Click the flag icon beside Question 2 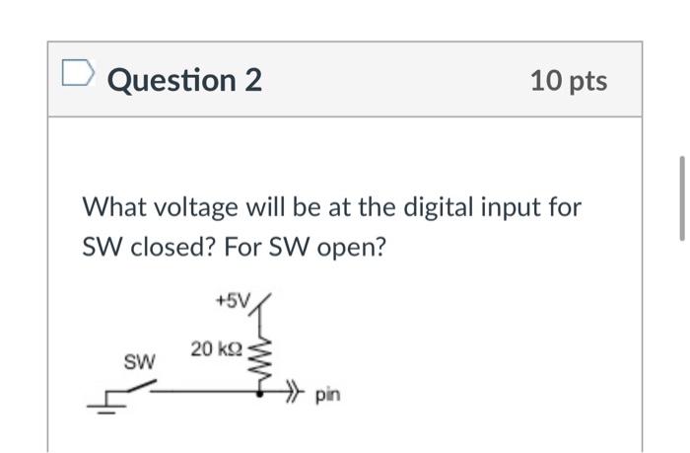point(76,74)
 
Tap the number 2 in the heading point(251,80)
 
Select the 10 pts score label point(568,80)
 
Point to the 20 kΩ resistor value point(217,348)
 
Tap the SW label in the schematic point(139,362)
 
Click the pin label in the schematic point(327,396)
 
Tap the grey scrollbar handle point(681,197)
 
